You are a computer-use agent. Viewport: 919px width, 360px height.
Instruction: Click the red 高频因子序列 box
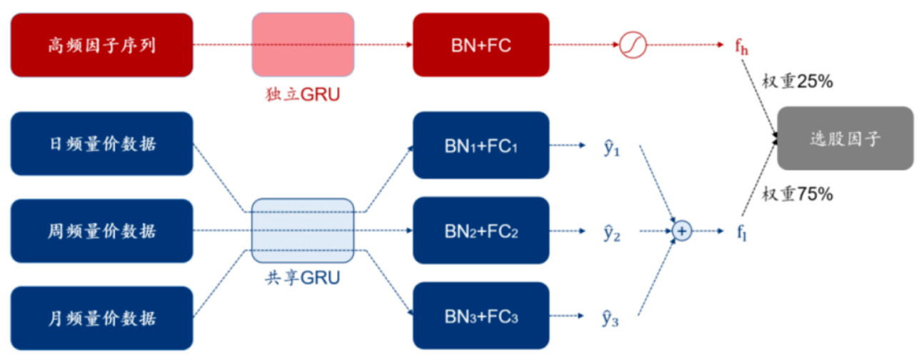coord(101,45)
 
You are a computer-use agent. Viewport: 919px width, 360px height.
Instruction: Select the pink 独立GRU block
coord(303,44)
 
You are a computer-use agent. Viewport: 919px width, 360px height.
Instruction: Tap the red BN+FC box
coord(481,45)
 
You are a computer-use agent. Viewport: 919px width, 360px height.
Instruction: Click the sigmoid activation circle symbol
coord(633,45)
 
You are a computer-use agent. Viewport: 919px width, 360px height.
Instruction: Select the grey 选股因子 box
coord(845,139)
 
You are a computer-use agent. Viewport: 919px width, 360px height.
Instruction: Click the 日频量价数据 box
coord(101,143)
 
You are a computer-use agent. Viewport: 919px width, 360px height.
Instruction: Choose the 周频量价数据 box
coord(101,231)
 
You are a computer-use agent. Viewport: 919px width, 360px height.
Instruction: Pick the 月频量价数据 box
coord(101,318)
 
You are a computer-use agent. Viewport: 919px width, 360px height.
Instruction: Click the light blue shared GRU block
coord(303,231)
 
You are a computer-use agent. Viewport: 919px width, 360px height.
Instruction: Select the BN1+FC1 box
coord(481,144)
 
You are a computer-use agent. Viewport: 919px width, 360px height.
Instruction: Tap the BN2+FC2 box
coord(481,231)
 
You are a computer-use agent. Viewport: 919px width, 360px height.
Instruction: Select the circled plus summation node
coord(682,231)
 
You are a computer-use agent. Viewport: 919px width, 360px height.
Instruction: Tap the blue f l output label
coord(741,232)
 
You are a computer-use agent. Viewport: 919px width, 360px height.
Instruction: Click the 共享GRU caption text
coord(302,278)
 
